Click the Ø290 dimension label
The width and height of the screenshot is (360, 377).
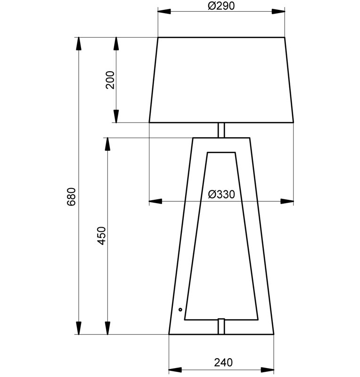[221, 6]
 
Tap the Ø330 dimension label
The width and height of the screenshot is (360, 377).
[221, 194]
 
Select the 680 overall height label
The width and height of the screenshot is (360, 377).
[71, 197]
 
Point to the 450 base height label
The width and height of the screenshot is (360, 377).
[102, 236]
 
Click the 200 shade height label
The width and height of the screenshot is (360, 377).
[110, 80]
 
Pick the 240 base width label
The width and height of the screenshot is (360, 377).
[223, 362]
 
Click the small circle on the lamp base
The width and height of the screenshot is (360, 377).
[180, 310]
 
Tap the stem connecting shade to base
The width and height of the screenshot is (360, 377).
[221, 130]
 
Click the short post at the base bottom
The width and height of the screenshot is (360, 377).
[221, 326]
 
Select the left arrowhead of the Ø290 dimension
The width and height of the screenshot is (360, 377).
[164, 11]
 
